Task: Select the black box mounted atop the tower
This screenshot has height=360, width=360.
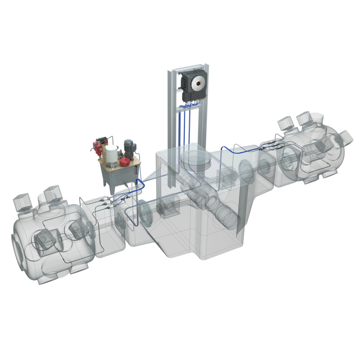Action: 192,85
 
